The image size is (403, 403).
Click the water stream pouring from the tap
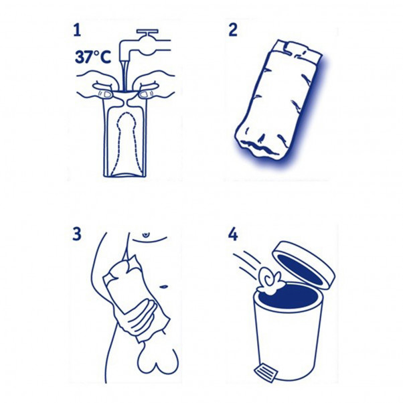(124, 74)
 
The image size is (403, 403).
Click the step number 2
(233, 29)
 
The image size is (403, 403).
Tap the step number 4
(233, 234)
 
